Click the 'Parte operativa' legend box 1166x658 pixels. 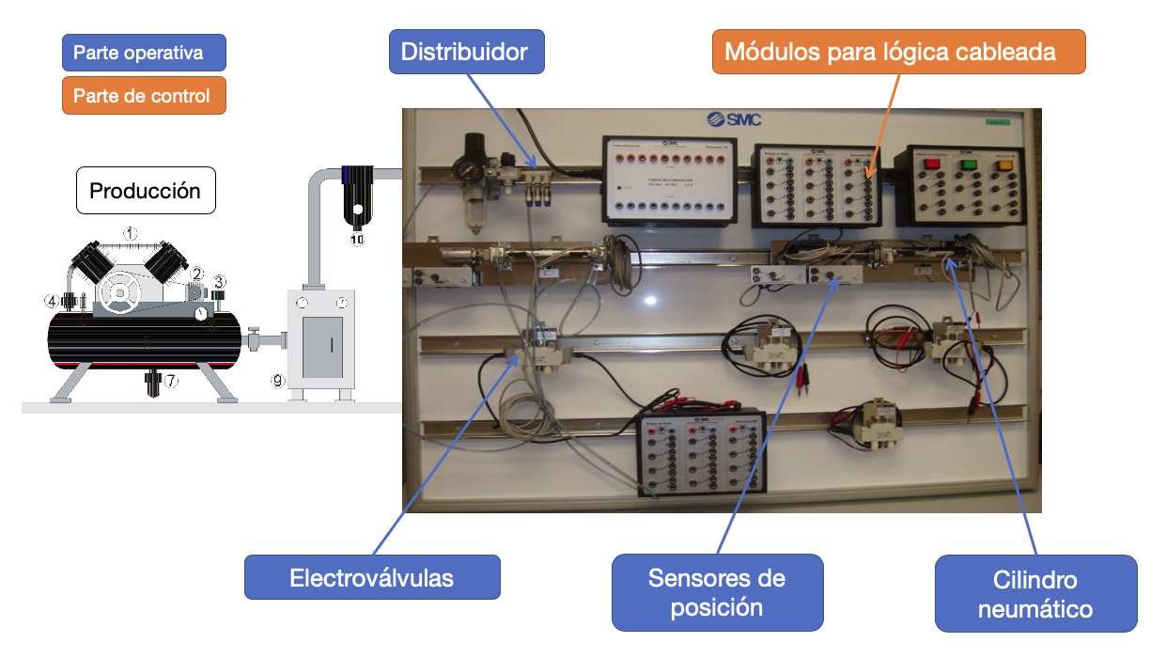coord(144,53)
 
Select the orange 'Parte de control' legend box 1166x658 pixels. coord(144,96)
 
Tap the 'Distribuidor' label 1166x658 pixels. coord(466,52)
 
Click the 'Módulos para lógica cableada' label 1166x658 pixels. coord(899,52)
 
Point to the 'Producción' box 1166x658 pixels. coord(145,191)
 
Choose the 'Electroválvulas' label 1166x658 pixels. coord(372,577)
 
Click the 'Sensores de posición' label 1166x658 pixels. coord(717,592)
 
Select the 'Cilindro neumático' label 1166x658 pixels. coord(1035,593)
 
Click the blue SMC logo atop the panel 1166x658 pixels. coord(734,119)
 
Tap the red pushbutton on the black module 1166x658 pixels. coord(932,164)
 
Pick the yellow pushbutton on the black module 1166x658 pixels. coord(1003,164)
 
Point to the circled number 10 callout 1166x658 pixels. coord(357,240)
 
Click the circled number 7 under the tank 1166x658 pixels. coord(170,382)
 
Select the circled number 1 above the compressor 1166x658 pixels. coord(132,233)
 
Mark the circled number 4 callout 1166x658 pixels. coord(52,301)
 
